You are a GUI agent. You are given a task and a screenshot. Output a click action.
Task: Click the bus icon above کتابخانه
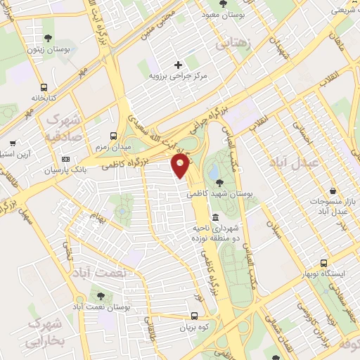44,88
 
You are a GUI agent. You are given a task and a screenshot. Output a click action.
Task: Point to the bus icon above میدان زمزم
113,136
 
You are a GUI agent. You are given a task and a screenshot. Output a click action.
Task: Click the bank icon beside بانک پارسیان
67,159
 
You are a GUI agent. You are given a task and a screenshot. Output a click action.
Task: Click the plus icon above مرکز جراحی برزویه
178,65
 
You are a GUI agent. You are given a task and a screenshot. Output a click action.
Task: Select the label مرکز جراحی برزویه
178,75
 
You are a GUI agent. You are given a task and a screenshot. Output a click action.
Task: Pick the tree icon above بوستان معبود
223,4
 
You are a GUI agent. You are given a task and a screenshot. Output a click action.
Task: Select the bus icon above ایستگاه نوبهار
323,262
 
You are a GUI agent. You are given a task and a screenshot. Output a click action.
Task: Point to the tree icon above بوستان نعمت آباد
103,296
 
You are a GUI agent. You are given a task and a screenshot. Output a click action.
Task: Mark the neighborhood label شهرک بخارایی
44,332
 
